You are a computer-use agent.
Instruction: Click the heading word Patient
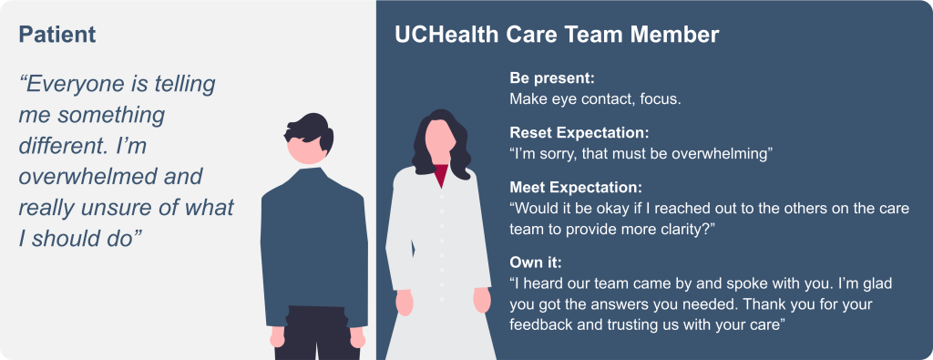point(57,35)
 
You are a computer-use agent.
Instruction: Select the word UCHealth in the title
point(447,35)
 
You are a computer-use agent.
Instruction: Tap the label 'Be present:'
point(552,78)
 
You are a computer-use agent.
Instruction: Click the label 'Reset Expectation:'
point(579,133)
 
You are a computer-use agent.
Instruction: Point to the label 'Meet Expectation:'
point(576,188)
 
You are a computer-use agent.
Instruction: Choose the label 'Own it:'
point(536,262)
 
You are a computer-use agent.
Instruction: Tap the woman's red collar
point(441,175)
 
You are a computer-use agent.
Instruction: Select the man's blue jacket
point(314,244)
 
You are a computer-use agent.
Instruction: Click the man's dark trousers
point(317,334)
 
